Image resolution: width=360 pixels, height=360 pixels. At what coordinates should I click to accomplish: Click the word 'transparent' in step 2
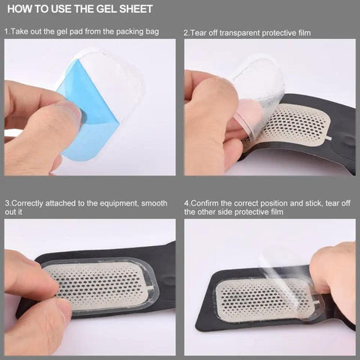point(240,33)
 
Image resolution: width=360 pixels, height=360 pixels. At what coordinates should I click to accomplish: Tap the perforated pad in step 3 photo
point(101,286)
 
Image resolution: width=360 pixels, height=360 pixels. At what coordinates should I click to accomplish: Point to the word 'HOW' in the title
point(19,10)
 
